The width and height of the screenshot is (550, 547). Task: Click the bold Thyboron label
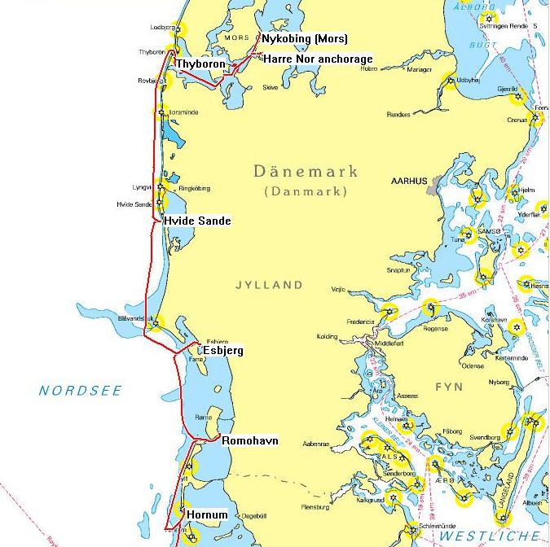[x=200, y=63]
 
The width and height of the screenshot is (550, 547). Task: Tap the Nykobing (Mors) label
[x=304, y=39]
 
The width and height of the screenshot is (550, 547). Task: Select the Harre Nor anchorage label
[x=318, y=59]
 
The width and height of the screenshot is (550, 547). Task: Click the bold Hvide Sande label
[x=196, y=221]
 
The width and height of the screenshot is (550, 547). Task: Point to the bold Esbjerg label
[x=222, y=352]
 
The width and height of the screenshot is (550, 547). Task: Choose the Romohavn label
[x=250, y=441]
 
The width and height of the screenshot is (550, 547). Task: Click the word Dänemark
[x=306, y=172]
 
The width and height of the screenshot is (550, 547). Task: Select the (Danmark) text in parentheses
[x=306, y=191]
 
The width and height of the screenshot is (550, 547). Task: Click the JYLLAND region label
[x=269, y=285]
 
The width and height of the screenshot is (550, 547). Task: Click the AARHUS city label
[x=409, y=181]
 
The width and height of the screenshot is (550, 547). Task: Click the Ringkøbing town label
[x=193, y=188]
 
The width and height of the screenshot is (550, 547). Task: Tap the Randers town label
[x=398, y=115]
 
